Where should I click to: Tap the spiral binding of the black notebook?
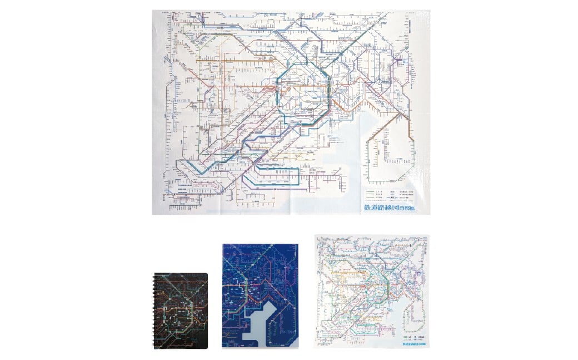click(x=155, y=310)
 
